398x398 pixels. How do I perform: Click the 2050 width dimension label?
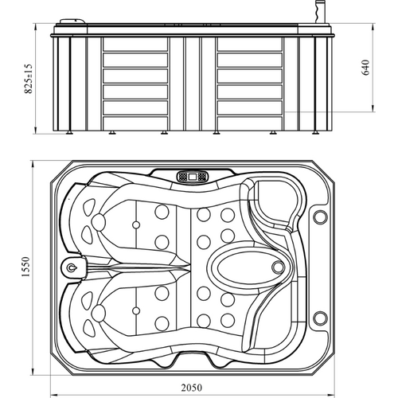tap(192, 388)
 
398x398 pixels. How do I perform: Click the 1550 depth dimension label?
tap(26, 267)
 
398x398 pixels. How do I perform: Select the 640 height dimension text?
tap(365, 68)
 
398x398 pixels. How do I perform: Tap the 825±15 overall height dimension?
tap(28, 79)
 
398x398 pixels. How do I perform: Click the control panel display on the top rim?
tap(193, 176)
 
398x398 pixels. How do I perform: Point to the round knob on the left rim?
tap(71, 268)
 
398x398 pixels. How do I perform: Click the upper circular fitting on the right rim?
tap(320, 217)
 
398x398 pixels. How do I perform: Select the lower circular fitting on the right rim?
tap(320, 318)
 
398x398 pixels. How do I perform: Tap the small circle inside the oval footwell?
tap(278, 267)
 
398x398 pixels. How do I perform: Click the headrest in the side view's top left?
tap(73, 21)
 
